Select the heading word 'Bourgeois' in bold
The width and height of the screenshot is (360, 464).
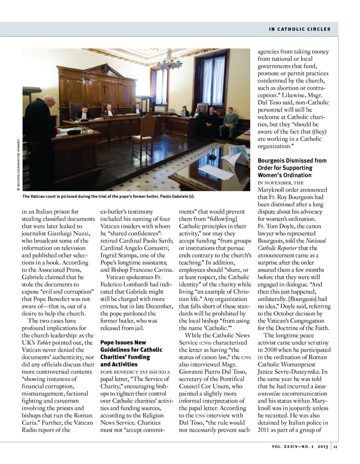click(x=273, y=161)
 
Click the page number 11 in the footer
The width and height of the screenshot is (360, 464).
click(x=335, y=447)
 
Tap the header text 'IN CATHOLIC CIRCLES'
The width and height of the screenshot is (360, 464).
click(x=300, y=29)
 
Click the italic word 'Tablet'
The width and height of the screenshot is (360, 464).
click(x=44, y=342)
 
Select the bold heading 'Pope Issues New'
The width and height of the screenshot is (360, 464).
click(x=123, y=342)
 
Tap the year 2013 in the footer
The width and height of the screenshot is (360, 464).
click(x=323, y=447)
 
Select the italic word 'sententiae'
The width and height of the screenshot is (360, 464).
click(x=269, y=394)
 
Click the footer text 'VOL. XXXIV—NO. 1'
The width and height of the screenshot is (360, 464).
click(x=292, y=447)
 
